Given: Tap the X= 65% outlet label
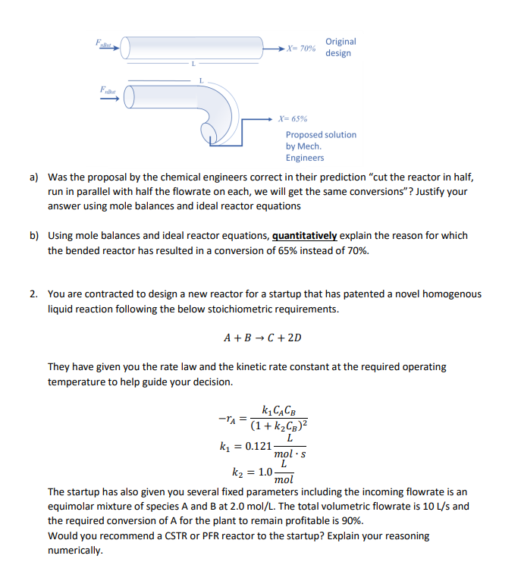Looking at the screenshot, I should [293, 119].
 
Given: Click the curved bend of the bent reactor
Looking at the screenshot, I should [228, 114].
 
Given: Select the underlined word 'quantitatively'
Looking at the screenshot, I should [306, 236].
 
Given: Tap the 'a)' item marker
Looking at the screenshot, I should [34, 177].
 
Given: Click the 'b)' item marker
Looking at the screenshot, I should [34, 236].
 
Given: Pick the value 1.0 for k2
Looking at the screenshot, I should [266, 471].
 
